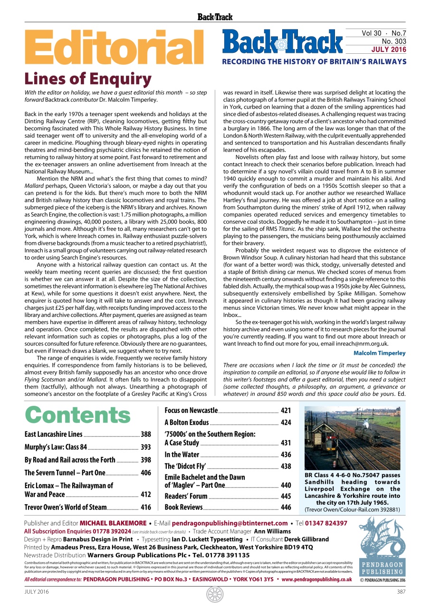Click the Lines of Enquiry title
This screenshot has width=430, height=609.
tap(88, 79)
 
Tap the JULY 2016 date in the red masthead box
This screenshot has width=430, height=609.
tap(389, 49)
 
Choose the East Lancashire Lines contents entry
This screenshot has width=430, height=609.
tap(53, 434)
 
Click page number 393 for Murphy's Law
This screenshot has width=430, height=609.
tap(146, 447)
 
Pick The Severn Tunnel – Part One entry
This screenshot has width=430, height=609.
tap(65, 472)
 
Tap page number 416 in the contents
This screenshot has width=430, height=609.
tap(146, 507)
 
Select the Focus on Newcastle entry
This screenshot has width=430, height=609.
tap(191, 410)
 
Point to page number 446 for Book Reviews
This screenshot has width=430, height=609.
tap(286, 507)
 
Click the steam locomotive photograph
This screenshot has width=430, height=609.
tap(352, 438)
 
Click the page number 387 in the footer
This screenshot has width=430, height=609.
tap(401, 592)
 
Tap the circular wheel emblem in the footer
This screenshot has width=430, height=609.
tap(215, 594)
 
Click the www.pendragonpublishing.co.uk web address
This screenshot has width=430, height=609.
tap(316, 580)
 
